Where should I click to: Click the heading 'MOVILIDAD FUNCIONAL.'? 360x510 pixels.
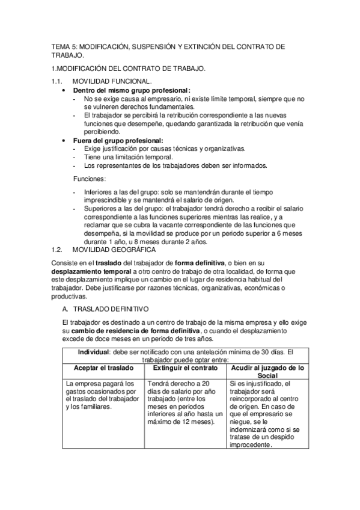(x=111, y=81)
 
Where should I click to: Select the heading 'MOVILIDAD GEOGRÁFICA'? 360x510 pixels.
(x=113, y=249)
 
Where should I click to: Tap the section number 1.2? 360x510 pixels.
(x=58, y=249)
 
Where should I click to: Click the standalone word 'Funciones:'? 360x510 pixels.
(x=90, y=179)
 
